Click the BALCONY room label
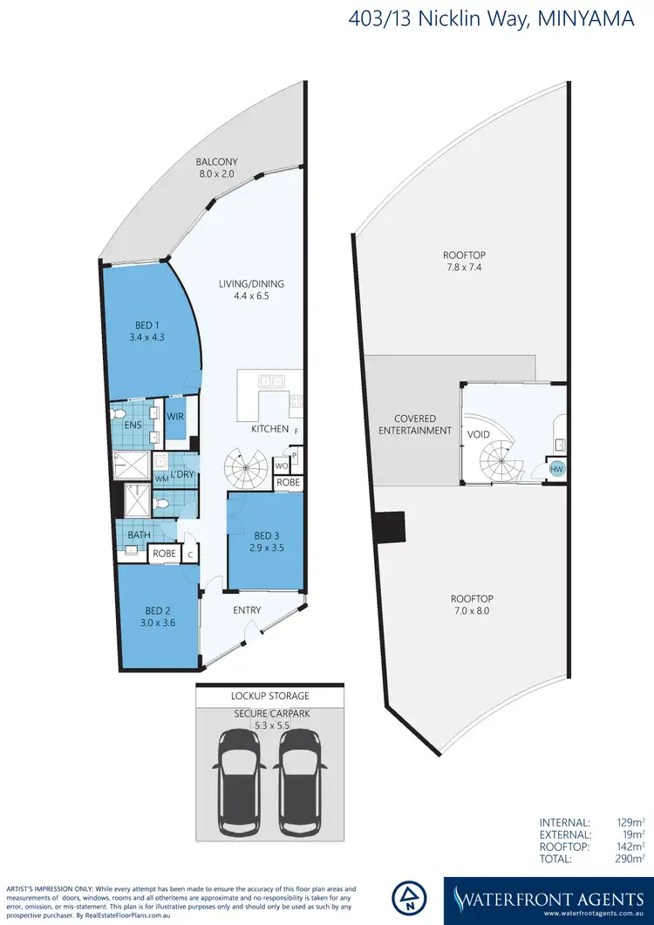216,162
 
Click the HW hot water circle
555,469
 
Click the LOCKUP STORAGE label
269,697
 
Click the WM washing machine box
160,479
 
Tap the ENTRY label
247,610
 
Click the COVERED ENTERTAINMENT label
415,425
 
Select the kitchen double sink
270,381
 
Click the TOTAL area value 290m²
630,835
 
